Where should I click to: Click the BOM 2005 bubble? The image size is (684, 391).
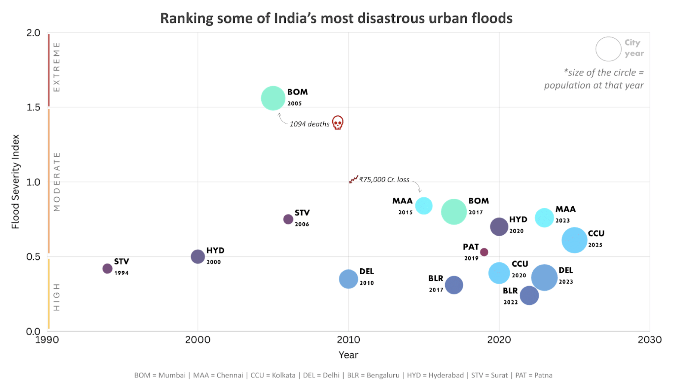click(273, 98)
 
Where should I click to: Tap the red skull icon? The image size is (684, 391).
click(338, 123)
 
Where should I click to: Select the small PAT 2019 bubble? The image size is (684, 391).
click(484, 252)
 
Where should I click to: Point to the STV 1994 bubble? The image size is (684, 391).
click(107, 269)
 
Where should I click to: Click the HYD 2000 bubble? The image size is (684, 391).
click(198, 256)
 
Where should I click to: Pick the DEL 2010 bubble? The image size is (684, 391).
click(348, 279)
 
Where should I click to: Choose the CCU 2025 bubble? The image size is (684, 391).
click(574, 240)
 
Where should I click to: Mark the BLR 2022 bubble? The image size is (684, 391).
click(529, 295)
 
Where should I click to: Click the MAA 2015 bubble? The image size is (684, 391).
click(423, 206)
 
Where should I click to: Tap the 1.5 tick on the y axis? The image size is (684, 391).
click(33, 107)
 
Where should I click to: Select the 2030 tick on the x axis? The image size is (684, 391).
click(649, 340)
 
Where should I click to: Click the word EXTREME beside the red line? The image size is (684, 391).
click(57, 67)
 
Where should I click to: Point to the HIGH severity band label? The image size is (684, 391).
click(57, 297)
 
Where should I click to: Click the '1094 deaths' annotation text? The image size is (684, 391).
click(309, 124)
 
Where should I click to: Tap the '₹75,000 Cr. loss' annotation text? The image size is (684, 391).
click(384, 180)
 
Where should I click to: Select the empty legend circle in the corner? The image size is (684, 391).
click(608, 49)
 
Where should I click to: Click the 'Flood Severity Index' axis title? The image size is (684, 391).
click(16, 182)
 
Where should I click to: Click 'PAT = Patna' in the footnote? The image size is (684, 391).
click(534, 375)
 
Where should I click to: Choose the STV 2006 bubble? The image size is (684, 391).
click(288, 219)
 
